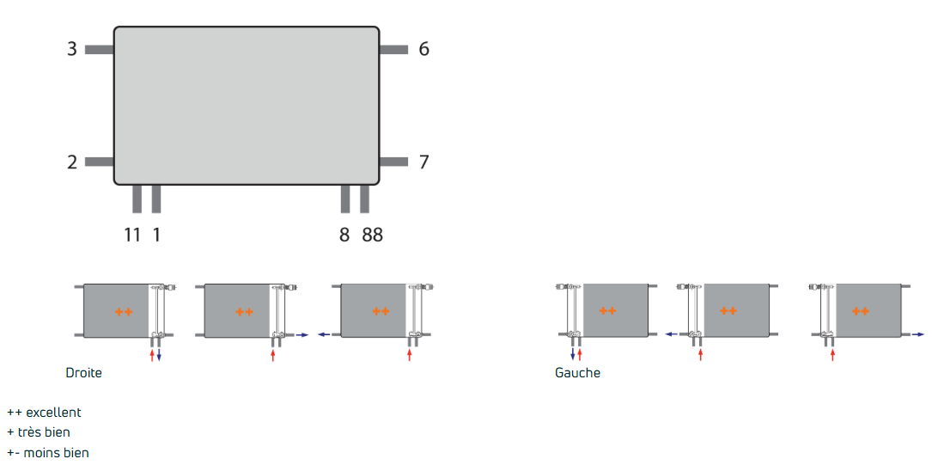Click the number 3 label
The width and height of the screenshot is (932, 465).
[72, 49]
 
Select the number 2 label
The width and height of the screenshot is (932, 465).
[72, 162]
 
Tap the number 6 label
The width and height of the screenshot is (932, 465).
[423, 49]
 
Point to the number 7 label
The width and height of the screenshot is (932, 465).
[423, 162]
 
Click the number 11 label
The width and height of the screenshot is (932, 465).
[132, 235]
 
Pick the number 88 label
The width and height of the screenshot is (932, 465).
[373, 235]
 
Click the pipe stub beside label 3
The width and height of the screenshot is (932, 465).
[100, 49]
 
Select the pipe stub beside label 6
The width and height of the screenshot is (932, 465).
[393, 49]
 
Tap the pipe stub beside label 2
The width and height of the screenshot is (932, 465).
[100, 162]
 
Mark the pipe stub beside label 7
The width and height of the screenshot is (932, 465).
[393, 162]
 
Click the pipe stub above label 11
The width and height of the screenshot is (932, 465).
[137, 199]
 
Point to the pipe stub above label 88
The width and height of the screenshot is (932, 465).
[365, 199]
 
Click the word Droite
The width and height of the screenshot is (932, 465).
[84, 373]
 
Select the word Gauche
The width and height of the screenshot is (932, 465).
[578, 373]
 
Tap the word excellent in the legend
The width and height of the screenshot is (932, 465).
[53, 412]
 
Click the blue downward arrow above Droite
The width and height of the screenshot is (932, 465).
[159, 355]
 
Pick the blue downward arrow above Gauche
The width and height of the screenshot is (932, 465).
[573, 355]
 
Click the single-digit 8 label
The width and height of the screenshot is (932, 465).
[344, 235]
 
